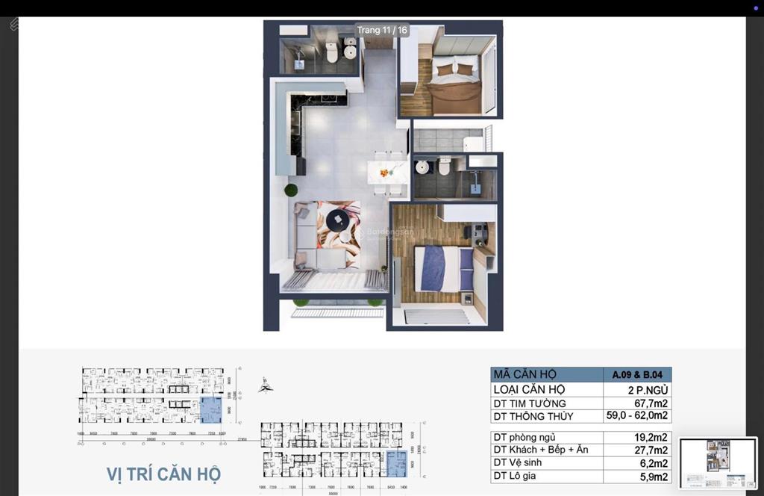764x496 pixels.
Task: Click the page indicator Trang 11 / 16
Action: point(382,31)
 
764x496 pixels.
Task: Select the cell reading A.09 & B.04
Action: point(637,375)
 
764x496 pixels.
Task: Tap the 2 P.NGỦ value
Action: point(647,389)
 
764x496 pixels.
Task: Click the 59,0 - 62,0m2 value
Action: point(637,416)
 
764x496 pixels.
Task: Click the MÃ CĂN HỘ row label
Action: point(525,375)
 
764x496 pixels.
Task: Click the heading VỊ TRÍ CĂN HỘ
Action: point(163,474)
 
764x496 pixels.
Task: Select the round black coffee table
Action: point(336,220)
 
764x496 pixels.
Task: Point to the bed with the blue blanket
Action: point(443,268)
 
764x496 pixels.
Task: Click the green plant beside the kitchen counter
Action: point(290,190)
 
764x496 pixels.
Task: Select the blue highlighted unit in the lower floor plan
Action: point(396,464)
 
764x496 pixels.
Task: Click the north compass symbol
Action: point(266,385)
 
